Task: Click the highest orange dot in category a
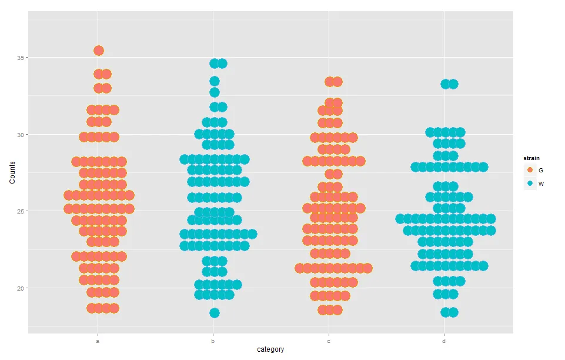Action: tap(99, 51)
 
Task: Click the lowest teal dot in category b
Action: tap(215, 313)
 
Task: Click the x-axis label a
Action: tap(98, 341)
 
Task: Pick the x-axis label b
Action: tap(213, 341)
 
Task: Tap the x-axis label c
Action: tap(329, 341)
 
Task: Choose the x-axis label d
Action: tap(444, 341)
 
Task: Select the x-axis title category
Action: tap(270, 349)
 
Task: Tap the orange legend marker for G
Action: tap(530, 169)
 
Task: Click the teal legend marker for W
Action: tap(530, 184)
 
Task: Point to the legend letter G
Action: tap(541, 170)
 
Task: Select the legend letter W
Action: tap(541, 184)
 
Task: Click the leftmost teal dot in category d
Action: tap(400, 219)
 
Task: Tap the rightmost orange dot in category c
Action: tap(368, 268)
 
